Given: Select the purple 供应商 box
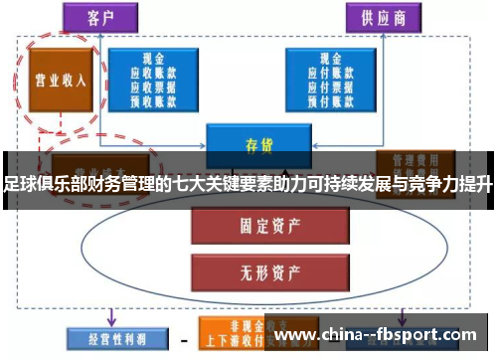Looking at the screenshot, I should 382,17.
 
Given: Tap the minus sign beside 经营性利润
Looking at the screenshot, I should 182,341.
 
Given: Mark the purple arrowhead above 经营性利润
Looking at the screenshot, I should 111,319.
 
